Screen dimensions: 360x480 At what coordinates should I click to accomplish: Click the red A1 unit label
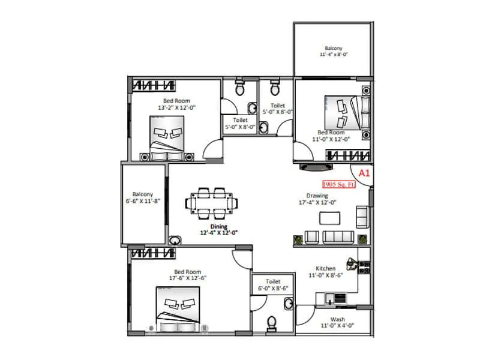coord(363,173)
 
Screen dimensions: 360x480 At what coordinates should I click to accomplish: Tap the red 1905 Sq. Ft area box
coord(340,185)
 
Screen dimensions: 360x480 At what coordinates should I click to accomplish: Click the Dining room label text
coord(218,226)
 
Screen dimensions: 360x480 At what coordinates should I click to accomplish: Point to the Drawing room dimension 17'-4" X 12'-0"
coord(317,202)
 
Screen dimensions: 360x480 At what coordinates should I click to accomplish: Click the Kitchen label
coord(325,268)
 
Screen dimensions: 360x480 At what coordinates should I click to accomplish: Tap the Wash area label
coord(337,319)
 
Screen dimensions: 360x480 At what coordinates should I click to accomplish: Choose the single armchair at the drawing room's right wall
coord(362,214)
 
